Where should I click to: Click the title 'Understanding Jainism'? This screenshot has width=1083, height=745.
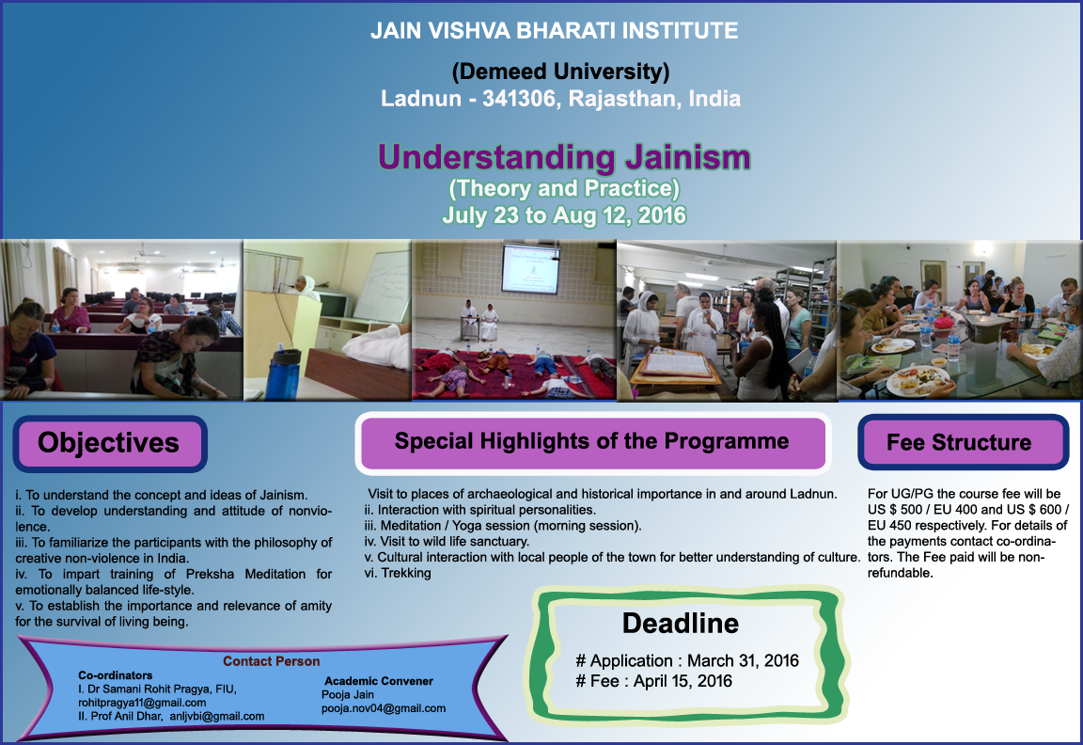(x=564, y=158)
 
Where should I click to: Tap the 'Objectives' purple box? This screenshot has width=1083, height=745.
(x=110, y=444)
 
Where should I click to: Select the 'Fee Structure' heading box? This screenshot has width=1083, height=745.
(x=963, y=442)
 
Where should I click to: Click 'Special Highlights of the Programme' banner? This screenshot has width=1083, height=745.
(x=592, y=442)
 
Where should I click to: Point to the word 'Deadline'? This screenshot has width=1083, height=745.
(x=681, y=624)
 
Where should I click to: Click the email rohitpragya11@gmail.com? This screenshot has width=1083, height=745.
(x=142, y=703)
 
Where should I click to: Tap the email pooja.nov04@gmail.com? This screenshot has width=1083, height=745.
(x=384, y=708)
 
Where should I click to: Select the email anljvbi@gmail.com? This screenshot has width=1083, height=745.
(x=217, y=717)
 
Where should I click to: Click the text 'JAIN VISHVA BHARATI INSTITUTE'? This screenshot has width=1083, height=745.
(x=554, y=31)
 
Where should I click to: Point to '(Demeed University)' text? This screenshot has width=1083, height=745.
(x=560, y=71)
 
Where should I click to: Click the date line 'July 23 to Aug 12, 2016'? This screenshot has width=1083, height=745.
(x=564, y=214)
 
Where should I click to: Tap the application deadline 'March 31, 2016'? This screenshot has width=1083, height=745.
(x=743, y=661)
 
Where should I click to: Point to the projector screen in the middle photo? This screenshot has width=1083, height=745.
(x=530, y=268)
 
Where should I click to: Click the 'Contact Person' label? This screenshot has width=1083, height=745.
(x=272, y=661)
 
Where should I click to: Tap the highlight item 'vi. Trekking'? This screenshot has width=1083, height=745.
(x=398, y=573)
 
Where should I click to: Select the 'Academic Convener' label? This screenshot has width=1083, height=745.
(x=379, y=681)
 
